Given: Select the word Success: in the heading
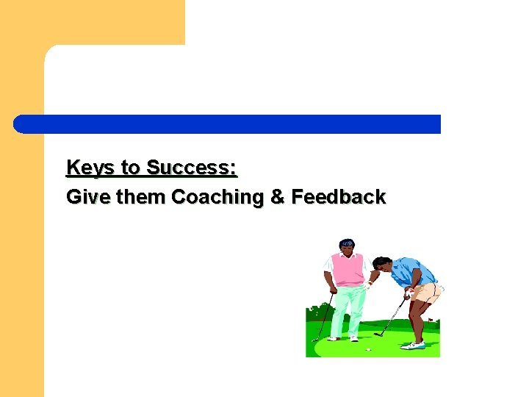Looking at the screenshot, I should point(192,168).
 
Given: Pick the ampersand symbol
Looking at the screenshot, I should point(276,197).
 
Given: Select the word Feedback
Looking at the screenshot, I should point(338,197).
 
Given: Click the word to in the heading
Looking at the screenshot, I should point(130,168).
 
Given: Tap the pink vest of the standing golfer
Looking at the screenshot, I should point(347,269).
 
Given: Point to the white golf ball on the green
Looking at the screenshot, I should point(368,350).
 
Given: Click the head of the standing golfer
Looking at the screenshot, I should point(347,246).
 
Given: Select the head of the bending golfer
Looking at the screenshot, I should point(381,264).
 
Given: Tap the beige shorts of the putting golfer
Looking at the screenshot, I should point(426,293).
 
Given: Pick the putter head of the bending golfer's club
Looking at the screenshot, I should point(377,335).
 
